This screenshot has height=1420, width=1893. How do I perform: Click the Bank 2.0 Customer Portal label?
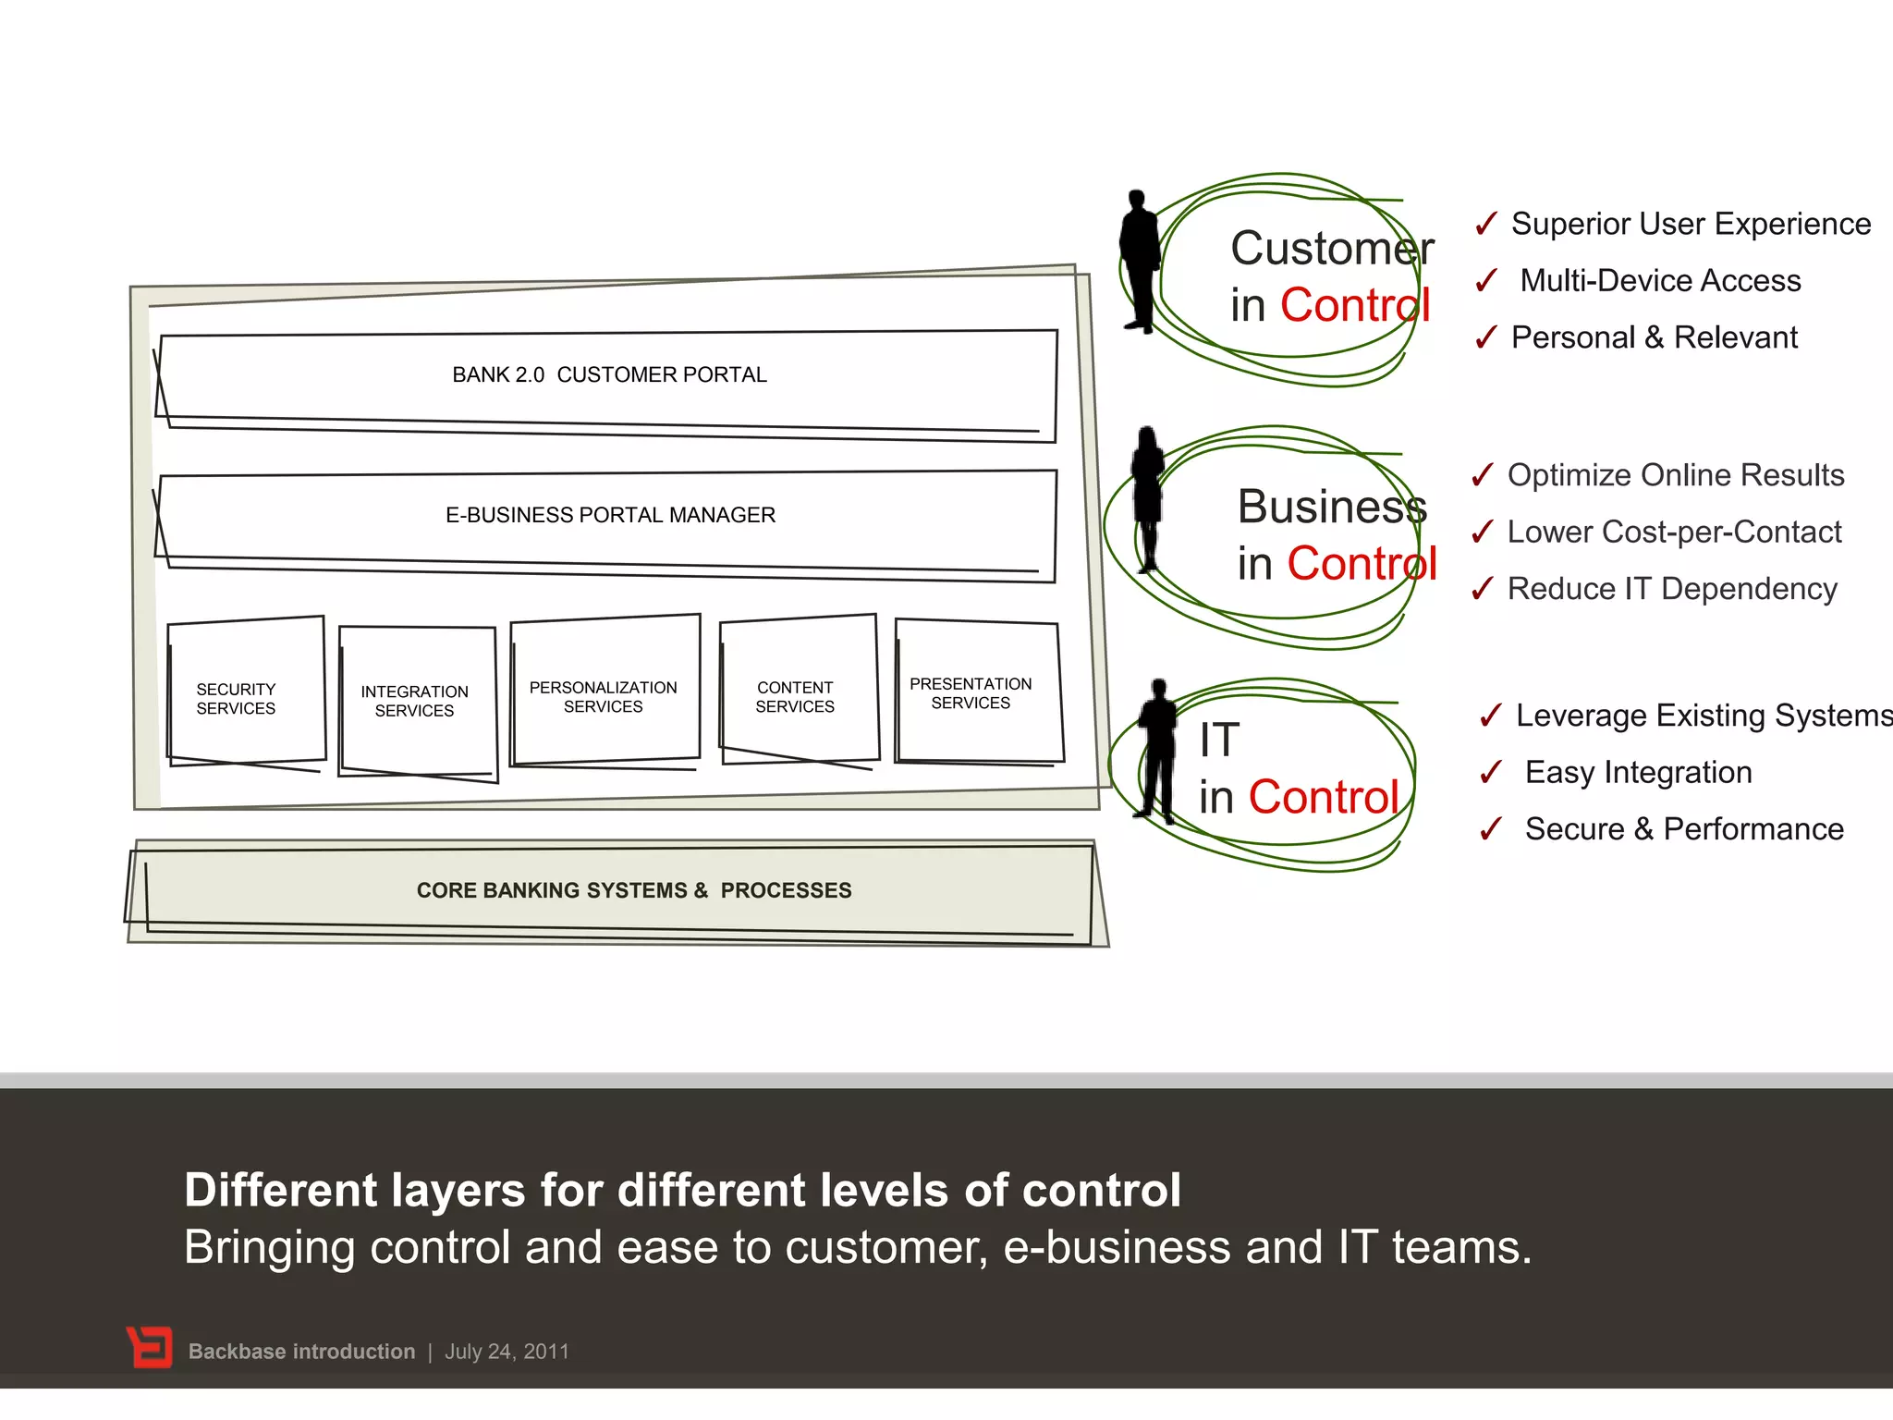click(x=609, y=374)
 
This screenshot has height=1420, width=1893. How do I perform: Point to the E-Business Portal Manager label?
click(x=610, y=515)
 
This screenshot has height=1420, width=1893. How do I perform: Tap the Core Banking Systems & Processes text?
click(x=634, y=890)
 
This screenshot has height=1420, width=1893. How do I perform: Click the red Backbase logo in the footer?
click(x=149, y=1348)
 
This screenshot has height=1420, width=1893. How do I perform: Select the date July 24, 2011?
click(x=507, y=1352)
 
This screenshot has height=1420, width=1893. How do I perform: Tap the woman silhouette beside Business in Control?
click(x=1148, y=499)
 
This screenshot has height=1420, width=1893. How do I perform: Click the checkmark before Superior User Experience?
click(x=1485, y=224)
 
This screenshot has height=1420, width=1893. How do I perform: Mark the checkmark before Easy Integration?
click(x=1490, y=772)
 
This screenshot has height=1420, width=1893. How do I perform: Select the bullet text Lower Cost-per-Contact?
click(x=1674, y=532)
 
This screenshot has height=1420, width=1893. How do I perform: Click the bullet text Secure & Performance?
click(x=1684, y=829)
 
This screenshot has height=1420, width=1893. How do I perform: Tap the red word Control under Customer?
click(x=1355, y=305)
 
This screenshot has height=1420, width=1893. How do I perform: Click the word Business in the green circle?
click(x=1332, y=507)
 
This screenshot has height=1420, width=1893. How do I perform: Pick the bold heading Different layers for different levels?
click(x=682, y=1190)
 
